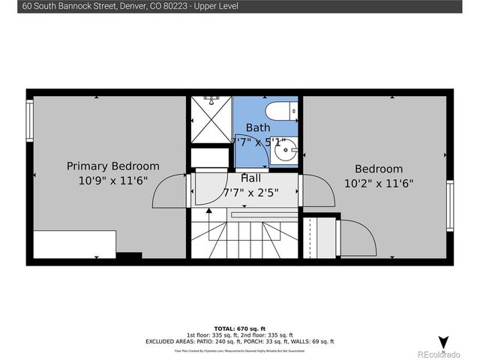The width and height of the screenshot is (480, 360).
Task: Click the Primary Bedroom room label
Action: [x=112, y=166]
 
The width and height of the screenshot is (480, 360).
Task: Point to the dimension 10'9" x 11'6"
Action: [x=112, y=181]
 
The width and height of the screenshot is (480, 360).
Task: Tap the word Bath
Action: [x=258, y=127]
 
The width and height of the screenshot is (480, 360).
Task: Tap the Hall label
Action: [x=250, y=178]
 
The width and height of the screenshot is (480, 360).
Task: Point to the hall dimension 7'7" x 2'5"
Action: [x=250, y=192]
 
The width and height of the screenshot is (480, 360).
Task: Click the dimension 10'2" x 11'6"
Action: [x=379, y=182]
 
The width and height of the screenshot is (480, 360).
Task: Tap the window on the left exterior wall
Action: [x=30, y=121]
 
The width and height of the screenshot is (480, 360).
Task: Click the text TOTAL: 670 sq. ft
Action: [x=239, y=328]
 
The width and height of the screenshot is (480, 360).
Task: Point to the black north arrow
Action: [x=443, y=342]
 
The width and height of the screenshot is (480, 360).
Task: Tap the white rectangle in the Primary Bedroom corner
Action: [x=74, y=244]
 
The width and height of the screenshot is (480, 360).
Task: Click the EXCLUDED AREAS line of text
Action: [x=239, y=341]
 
